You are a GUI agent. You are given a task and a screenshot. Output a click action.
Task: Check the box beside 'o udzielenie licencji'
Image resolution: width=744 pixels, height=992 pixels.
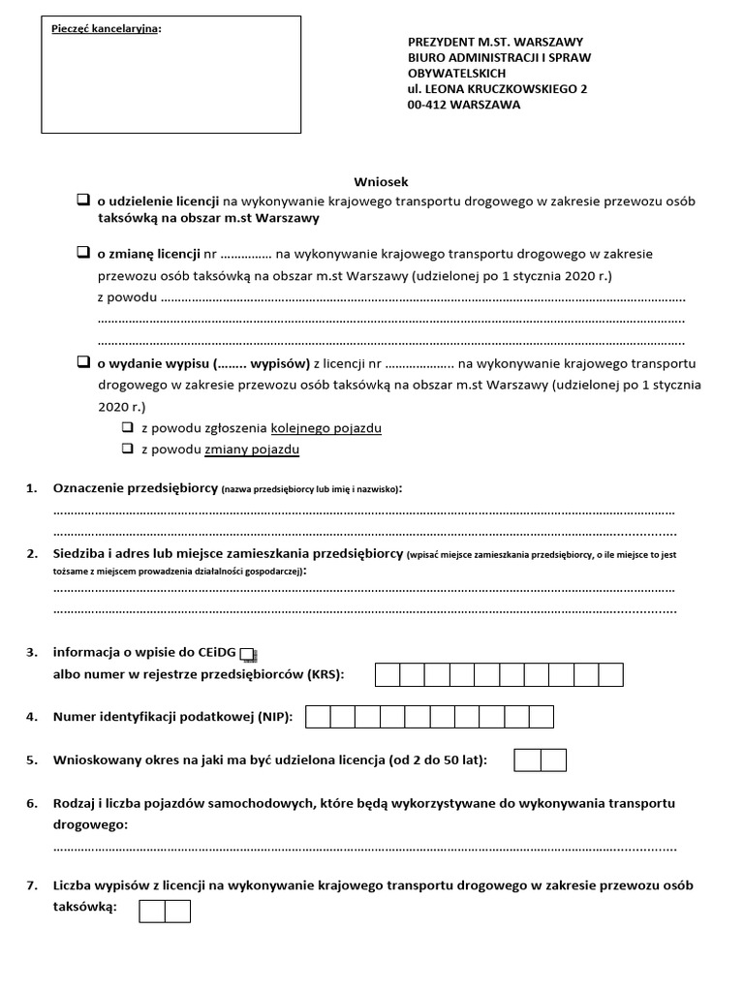pos(83,201)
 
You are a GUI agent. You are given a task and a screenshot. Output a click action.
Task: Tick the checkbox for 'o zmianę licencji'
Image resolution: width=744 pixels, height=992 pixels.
pos(83,253)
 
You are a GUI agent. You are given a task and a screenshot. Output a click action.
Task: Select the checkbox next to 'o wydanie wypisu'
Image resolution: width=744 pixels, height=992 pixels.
pos(83,363)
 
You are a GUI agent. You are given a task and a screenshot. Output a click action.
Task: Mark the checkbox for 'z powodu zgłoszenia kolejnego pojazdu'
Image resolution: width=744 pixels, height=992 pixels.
pos(127,427)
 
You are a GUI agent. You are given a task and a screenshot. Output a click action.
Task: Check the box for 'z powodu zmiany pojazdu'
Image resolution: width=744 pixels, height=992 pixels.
pos(127,449)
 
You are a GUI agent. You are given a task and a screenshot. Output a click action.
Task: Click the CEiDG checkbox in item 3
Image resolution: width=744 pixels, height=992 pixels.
pos(247,654)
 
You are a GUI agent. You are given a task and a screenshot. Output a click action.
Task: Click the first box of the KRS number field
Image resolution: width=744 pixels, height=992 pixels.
pos(387,674)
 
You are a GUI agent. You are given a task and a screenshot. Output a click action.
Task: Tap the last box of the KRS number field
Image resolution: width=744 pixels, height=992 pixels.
pos(611,674)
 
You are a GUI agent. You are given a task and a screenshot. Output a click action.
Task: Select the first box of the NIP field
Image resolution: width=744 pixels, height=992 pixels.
pos(318,717)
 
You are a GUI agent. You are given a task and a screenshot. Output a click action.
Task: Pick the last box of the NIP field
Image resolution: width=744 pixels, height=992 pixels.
pos(542,717)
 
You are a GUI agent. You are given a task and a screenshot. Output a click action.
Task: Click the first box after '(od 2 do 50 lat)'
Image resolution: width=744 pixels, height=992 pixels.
pos(528,760)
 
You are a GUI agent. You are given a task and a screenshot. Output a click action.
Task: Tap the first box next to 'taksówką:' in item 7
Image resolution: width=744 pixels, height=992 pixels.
pos(152,911)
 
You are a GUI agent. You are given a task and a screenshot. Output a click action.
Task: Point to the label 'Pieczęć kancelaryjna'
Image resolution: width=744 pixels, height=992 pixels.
pos(106,28)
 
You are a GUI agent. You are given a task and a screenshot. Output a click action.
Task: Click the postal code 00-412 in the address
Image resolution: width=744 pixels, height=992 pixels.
pos(431,105)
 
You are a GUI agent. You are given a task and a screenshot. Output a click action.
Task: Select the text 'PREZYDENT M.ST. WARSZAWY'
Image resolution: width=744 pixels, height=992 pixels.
pos(495,43)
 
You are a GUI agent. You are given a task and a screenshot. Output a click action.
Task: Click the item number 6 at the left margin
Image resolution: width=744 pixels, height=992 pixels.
pos(32,804)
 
